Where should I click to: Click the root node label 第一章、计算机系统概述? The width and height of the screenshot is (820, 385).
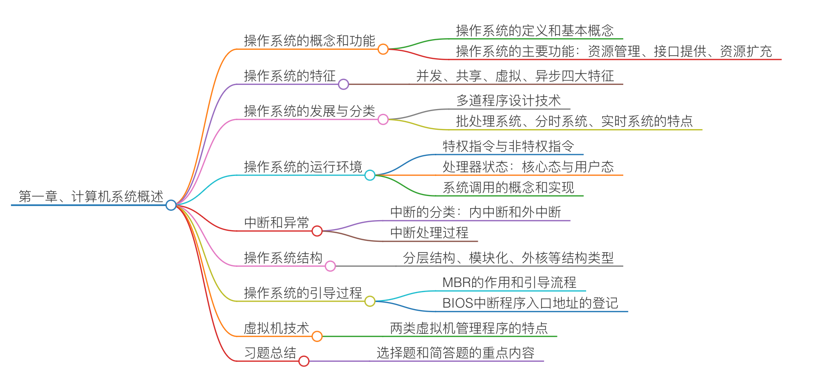tap(91, 197)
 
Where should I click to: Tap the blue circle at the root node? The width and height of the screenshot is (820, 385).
tap(171, 205)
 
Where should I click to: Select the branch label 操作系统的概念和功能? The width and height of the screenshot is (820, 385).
tap(309, 41)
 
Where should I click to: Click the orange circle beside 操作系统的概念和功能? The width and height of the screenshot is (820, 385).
tap(383, 49)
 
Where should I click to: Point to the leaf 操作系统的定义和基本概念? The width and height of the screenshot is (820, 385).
tap(534, 31)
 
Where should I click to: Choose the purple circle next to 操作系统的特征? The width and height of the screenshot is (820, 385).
tap(343, 84)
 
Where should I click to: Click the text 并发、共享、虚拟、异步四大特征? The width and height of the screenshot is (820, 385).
tap(515, 76)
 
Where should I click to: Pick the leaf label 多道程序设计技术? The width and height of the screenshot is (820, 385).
tap(508, 101)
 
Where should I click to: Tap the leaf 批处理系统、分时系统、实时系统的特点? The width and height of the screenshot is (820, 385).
tap(574, 121)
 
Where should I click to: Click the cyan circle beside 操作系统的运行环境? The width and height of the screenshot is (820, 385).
tap(370, 175)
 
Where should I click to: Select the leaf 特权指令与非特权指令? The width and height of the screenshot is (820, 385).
tap(508, 146)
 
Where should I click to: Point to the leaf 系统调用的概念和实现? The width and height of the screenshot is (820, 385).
tap(508, 187)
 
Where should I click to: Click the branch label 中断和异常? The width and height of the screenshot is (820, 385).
tap(277, 222)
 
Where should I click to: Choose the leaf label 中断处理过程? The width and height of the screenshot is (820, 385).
tap(429, 233)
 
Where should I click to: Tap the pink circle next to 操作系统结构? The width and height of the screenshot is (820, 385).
tap(330, 266)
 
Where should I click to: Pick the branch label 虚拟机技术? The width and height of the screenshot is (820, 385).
tap(277, 328)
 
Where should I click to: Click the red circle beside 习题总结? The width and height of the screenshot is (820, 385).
tap(304, 361)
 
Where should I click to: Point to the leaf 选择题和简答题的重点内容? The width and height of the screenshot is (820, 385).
tap(456, 353)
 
